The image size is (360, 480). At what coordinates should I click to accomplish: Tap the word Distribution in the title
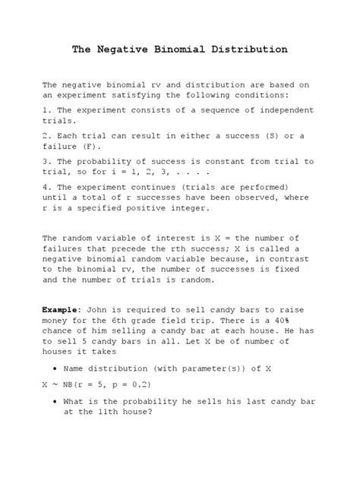coord(248,49)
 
